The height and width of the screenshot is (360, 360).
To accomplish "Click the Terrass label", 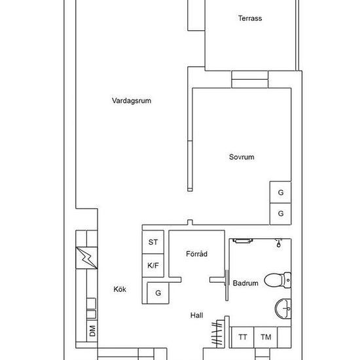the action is pyautogui.click(x=250, y=18).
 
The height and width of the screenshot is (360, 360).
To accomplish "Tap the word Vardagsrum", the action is pyautogui.click(x=132, y=101).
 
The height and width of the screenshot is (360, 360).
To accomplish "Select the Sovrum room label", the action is pyautogui.click(x=242, y=157).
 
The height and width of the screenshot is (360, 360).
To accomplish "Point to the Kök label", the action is pyautogui.click(x=120, y=289).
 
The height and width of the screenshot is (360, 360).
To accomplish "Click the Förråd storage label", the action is pyautogui.click(x=196, y=254).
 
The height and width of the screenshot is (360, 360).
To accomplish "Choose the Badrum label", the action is pyautogui.click(x=245, y=283).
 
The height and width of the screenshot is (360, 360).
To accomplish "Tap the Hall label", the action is pyautogui.click(x=196, y=315).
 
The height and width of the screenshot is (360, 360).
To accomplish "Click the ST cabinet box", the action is pyautogui.click(x=153, y=242).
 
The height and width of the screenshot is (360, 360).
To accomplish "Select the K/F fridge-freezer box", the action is pyautogui.click(x=153, y=265).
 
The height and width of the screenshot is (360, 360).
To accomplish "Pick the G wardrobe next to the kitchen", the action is pyautogui.click(x=158, y=293).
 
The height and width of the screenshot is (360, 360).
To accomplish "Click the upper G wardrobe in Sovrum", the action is pyautogui.click(x=280, y=192).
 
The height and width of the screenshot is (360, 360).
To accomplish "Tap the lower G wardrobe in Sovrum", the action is pyautogui.click(x=280, y=214).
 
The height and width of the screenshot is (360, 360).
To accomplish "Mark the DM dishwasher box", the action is pyautogui.click(x=92, y=331).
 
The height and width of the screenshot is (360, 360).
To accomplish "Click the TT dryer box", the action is pyautogui.click(x=243, y=337).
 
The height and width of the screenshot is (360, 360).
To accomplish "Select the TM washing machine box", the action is pyautogui.click(x=266, y=337).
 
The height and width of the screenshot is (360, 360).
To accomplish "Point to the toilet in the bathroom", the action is pyautogui.click(x=278, y=280).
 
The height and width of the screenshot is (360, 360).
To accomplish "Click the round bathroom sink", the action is pyautogui.click(x=283, y=309).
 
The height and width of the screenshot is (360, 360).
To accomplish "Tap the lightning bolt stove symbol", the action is pyautogui.click(x=86, y=258).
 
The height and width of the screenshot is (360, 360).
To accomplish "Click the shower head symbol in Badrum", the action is pyautogui.click(x=278, y=243).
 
